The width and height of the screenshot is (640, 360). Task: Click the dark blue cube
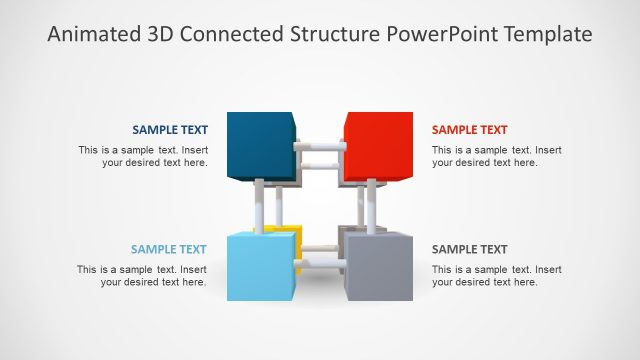click(260, 146)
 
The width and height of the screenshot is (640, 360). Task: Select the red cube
click(377, 146)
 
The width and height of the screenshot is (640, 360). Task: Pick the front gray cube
click(379, 267)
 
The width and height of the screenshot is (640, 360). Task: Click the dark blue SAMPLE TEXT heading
click(170, 130)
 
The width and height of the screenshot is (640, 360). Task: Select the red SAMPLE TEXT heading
click(469, 130)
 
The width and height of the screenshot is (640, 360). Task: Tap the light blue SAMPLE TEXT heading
click(168, 250)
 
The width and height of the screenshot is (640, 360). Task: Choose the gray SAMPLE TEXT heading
click(469, 250)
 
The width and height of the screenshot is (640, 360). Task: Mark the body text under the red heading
click(496, 157)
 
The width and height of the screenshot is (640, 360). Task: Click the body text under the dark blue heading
click(143, 157)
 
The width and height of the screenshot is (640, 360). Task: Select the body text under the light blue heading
click(142, 276)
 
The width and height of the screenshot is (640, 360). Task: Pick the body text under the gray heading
click(496, 276)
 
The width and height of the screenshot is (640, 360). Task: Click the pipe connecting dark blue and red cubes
click(319, 148)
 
